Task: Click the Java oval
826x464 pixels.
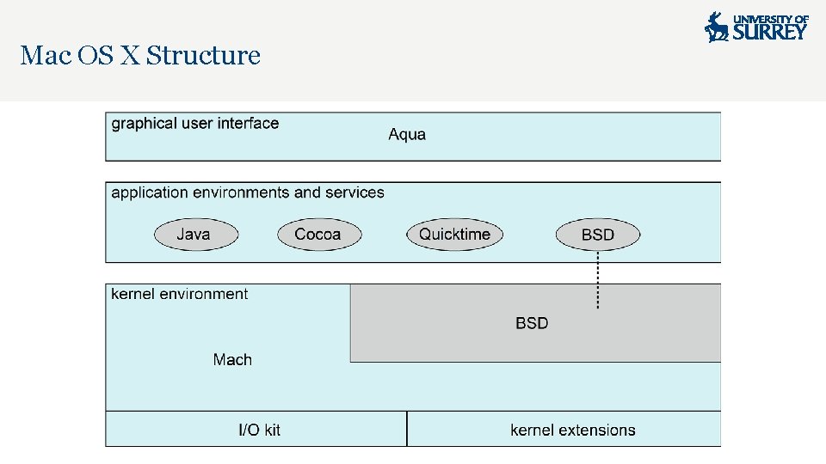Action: coord(194,234)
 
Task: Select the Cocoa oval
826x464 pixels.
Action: coord(318,234)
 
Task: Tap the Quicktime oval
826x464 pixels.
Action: coord(454,234)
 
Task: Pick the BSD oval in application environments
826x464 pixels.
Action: coord(598,234)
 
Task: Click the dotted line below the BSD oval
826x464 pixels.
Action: coord(598,279)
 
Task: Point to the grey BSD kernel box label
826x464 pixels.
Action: coord(532,323)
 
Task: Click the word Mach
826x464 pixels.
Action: coord(232,359)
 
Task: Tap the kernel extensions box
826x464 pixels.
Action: coord(572,430)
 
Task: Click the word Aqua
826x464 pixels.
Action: coord(407,134)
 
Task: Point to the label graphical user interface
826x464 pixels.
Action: coord(195,123)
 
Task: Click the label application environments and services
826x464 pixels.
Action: coord(248,192)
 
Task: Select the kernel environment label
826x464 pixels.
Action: coord(180,294)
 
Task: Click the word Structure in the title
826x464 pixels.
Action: coord(203,56)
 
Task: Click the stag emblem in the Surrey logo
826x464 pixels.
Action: coord(716,27)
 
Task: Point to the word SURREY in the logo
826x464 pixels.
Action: coord(770,32)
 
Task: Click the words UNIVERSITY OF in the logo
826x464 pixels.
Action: coord(771,18)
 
